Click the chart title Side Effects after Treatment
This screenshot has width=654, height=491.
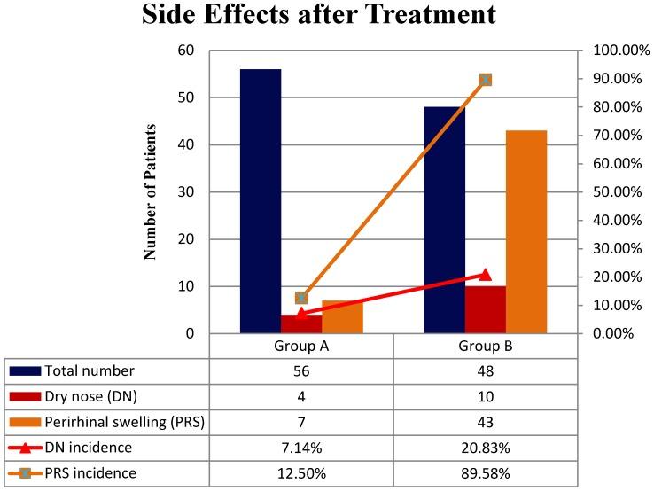click(x=327, y=16)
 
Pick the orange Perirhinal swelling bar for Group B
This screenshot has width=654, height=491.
click(x=526, y=231)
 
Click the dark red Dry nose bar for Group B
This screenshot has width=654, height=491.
click(x=485, y=309)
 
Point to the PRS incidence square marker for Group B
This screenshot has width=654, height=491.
click(x=485, y=80)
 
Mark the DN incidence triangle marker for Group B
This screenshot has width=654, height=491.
click(x=485, y=275)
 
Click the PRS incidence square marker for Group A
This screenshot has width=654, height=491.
click(x=301, y=298)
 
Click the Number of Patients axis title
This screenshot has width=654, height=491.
click(x=151, y=192)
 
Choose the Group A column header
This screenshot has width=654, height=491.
click(x=301, y=346)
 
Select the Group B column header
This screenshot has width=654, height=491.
click(x=485, y=346)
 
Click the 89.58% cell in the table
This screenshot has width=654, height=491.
click(x=485, y=473)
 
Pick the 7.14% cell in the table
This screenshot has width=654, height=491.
click(x=301, y=448)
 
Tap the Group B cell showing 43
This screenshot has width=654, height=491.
click(x=485, y=422)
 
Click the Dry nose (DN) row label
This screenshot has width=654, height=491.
click(x=86, y=396)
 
